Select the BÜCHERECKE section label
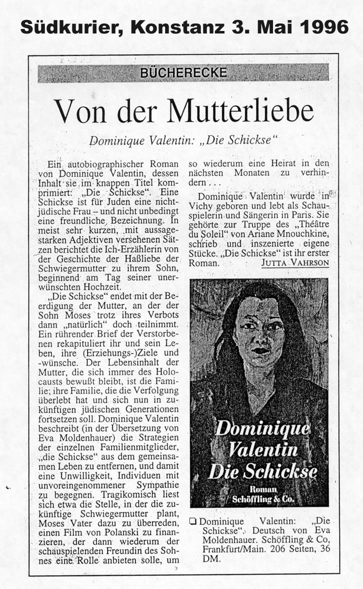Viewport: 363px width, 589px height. (183, 73)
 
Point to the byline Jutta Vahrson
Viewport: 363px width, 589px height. (295, 263)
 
